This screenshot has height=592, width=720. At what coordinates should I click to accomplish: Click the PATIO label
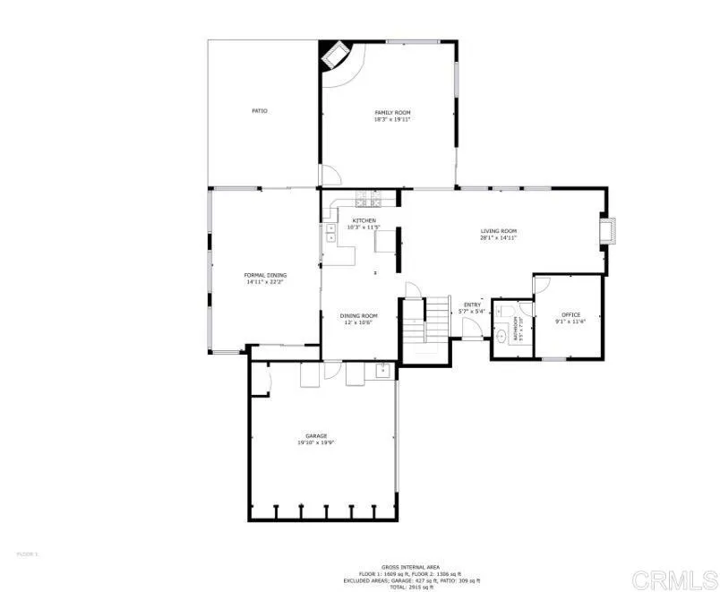pyautogui.click(x=259, y=111)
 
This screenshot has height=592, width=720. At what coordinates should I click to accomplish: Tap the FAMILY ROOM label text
pyautogui.click(x=392, y=112)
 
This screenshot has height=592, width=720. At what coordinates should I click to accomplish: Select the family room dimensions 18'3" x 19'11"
pyautogui.click(x=392, y=119)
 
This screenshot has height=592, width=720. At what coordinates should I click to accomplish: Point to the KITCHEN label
pyautogui.click(x=364, y=220)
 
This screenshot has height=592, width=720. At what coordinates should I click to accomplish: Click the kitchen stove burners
pyautogui.click(x=368, y=199)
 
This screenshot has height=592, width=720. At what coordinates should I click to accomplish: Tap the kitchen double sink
pyautogui.click(x=330, y=234)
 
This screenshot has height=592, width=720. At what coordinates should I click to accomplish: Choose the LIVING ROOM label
pyautogui.click(x=498, y=231)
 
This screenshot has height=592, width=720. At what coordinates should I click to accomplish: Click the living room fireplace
pyautogui.click(x=609, y=229)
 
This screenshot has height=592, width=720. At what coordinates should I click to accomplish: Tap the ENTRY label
pyautogui.click(x=472, y=305)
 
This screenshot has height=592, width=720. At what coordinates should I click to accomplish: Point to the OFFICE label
pyautogui.click(x=570, y=314)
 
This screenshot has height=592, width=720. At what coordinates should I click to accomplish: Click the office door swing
pyautogui.click(x=542, y=285)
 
